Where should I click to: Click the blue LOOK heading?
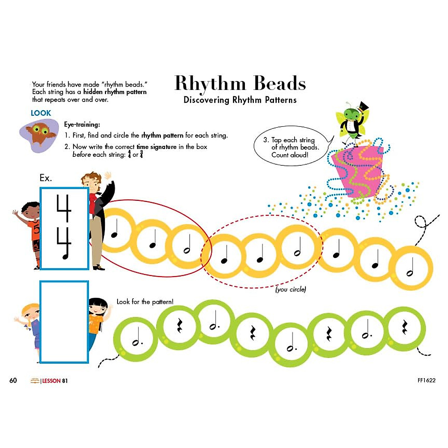(x=41, y=113)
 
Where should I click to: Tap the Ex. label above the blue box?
(x=46, y=178)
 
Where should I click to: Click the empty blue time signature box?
(x=64, y=322)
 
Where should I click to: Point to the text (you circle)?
(x=290, y=289)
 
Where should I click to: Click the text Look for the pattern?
(x=145, y=302)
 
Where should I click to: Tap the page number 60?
(x=13, y=380)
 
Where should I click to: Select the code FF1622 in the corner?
(x=426, y=380)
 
